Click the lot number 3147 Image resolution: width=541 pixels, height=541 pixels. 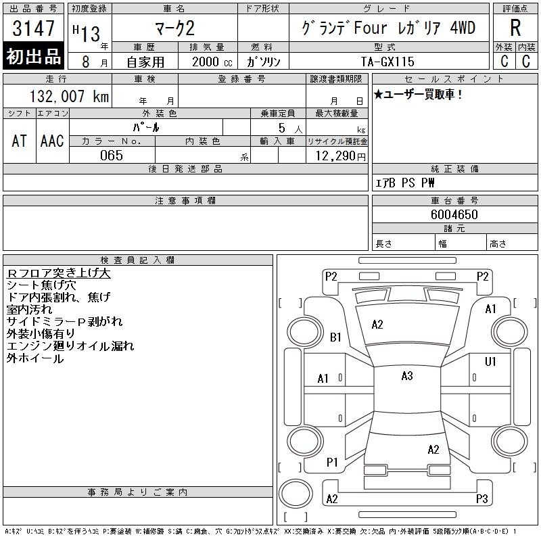(x=33, y=28)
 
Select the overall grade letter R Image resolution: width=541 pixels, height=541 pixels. (x=515, y=28)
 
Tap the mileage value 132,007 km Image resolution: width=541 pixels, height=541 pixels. (x=69, y=96)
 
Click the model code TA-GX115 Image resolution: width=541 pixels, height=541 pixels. (x=387, y=62)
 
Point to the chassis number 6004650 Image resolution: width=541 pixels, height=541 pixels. (x=454, y=214)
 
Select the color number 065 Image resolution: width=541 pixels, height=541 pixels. (x=112, y=156)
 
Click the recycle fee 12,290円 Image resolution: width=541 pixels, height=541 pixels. (x=340, y=156)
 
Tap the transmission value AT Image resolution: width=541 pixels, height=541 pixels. (x=20, y=141)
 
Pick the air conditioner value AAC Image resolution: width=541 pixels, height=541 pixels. (x=52, y=141)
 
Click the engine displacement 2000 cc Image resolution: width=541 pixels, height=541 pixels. (x=212, y=62)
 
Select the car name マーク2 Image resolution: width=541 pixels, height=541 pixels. (x=175, y=28)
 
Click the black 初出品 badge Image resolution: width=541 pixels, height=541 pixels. (x=33, y=55)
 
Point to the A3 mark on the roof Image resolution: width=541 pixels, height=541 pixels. (x=407, y=376)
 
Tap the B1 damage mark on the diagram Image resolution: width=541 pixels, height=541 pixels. (x=335, y=337)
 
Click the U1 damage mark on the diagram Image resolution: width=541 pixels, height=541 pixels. (x=490, y=361)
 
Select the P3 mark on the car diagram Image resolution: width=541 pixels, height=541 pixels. (x=482, y=498)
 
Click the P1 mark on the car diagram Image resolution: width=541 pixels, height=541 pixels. (x=332, y=462)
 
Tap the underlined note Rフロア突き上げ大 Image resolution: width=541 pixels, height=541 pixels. (x=59, y=273)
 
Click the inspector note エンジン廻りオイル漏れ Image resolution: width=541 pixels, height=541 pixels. (x=70, y=346)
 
